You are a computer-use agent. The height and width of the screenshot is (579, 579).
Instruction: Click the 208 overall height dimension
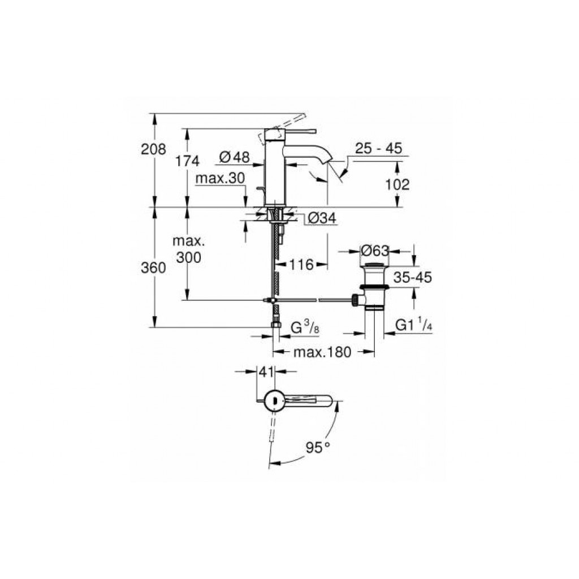pos(153,149)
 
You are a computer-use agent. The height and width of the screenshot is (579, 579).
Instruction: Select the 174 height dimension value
pos(187,161)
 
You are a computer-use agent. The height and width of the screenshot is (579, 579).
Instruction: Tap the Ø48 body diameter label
pos(234,157)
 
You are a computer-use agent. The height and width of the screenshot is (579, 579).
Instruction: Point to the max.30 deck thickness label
pos(220,178)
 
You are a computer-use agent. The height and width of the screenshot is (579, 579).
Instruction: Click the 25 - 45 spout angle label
pos(378,149)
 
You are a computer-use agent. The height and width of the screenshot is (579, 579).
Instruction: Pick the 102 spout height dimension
pos(397,184)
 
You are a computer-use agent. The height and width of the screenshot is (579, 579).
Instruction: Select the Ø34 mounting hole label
pos(322,218)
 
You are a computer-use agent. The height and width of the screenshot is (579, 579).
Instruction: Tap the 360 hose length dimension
pos(153,267)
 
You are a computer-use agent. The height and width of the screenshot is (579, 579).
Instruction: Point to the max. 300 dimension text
pos(189,249)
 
